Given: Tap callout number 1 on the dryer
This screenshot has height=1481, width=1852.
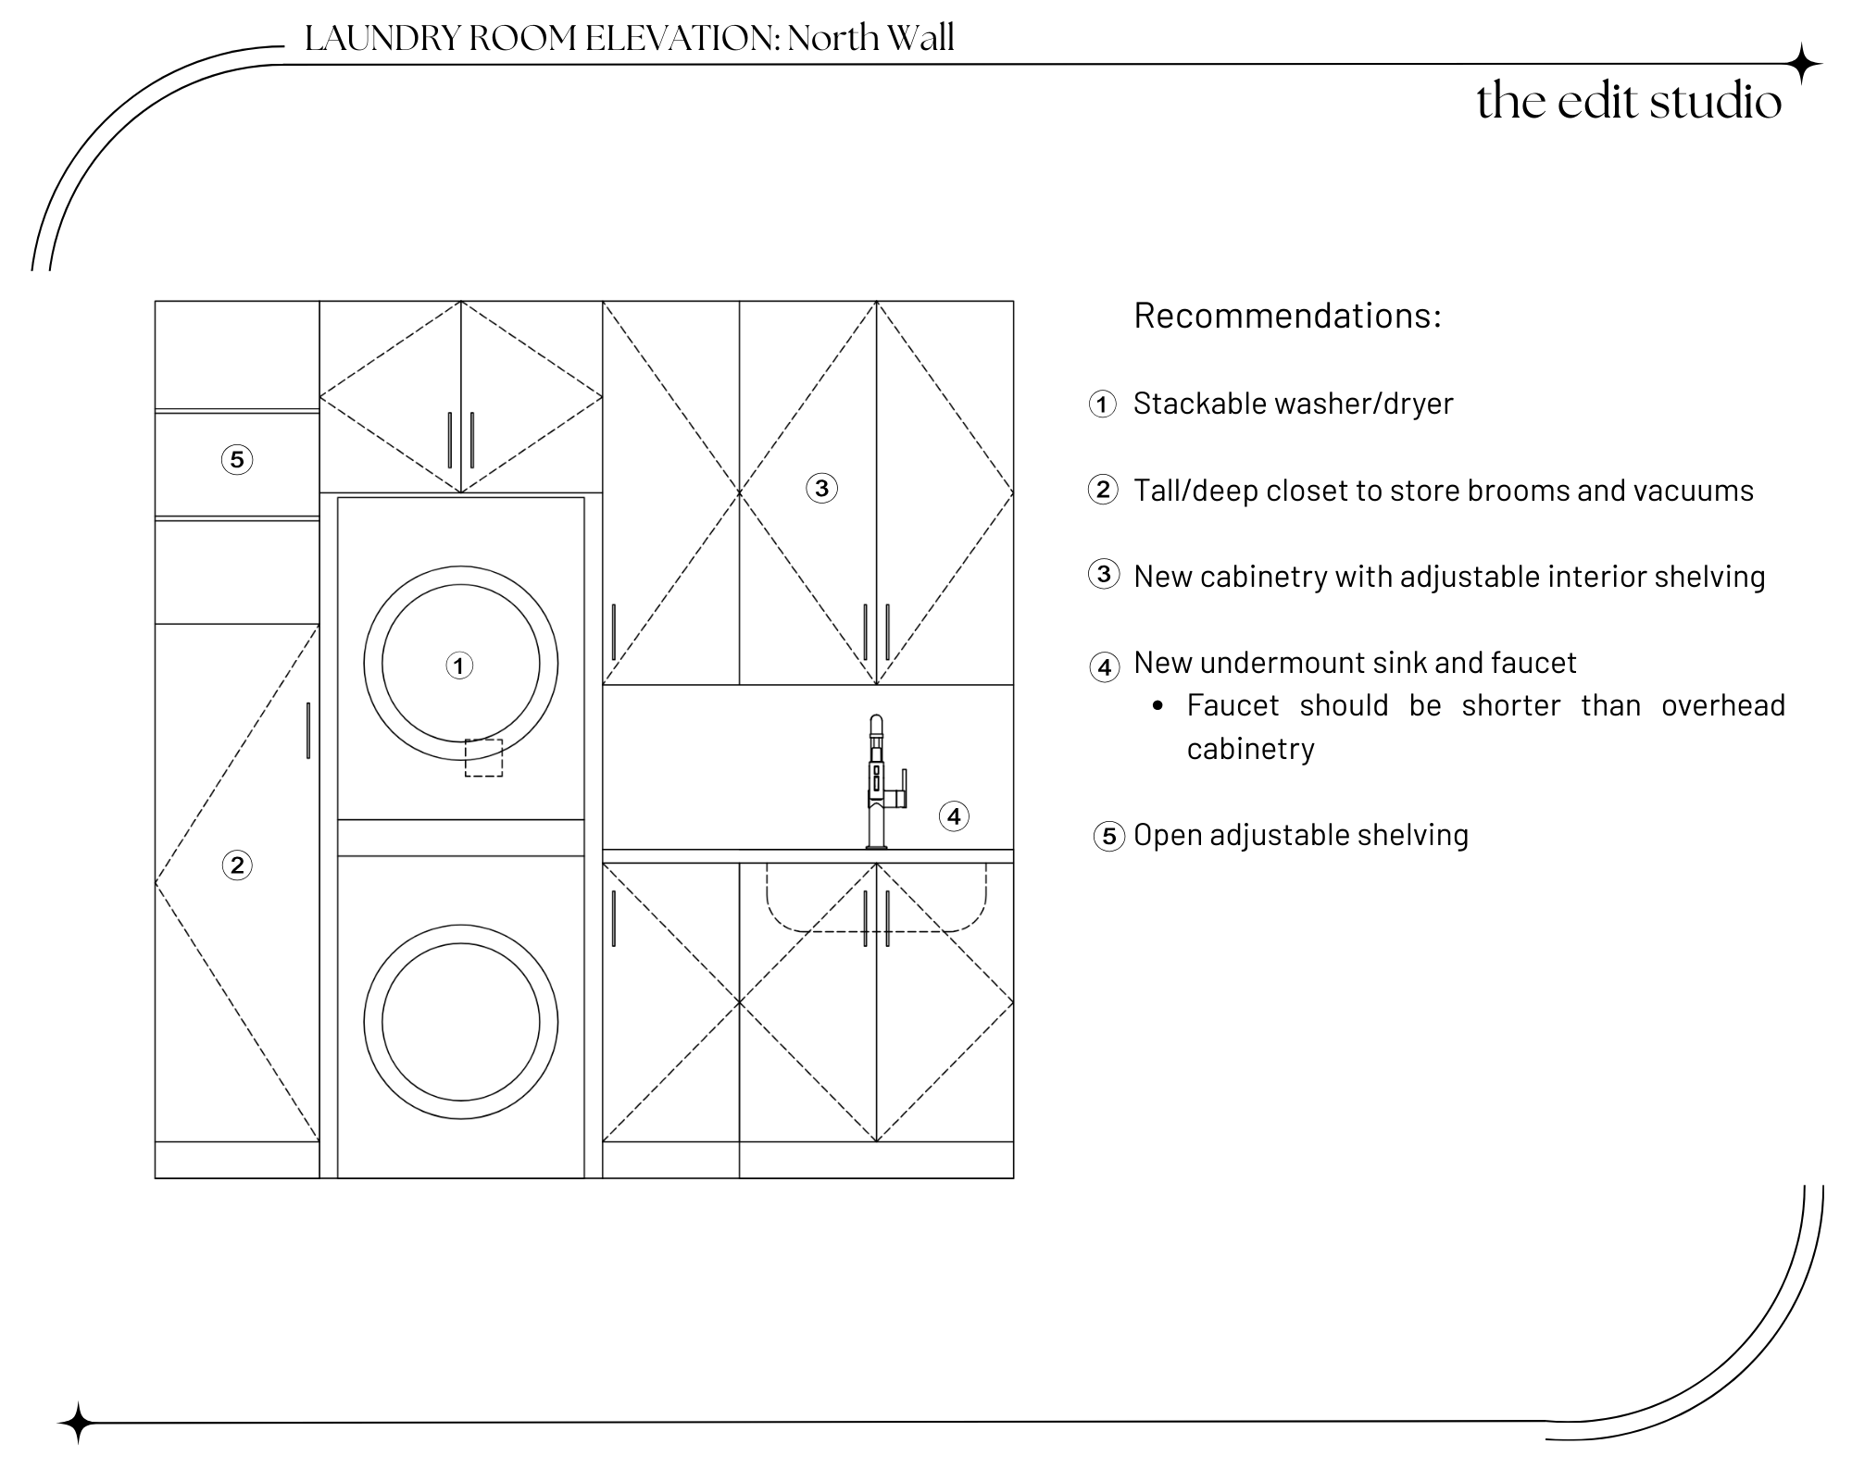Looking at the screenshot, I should tap(459, 666).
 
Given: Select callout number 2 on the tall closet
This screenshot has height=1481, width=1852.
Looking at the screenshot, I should tap(237, 865).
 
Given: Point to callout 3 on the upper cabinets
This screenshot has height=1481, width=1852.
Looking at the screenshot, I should tap(821, 488).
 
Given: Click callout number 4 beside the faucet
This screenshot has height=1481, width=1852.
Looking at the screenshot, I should tap(954, 816).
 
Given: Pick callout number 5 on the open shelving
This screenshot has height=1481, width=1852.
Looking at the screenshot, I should tap(237, 459).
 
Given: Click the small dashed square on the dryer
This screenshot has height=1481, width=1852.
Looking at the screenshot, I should tap(483, 757).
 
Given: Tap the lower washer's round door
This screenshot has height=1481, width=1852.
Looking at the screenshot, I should tap(460, 1022).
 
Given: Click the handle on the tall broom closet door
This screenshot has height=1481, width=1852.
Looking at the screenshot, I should tap(308, 730).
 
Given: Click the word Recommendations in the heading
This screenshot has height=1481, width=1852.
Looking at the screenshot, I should tap(1287, 316).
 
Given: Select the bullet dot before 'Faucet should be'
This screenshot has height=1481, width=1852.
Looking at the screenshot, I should tap(1157, 706).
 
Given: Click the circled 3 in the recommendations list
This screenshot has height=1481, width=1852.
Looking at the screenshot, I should tap(1103, 575).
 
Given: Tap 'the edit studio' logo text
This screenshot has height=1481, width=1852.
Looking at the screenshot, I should tap(1628, 101).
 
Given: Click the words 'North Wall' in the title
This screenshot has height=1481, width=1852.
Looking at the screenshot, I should tap(870, 38).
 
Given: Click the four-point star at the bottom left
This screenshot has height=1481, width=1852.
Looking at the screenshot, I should tap(78, 1423).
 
